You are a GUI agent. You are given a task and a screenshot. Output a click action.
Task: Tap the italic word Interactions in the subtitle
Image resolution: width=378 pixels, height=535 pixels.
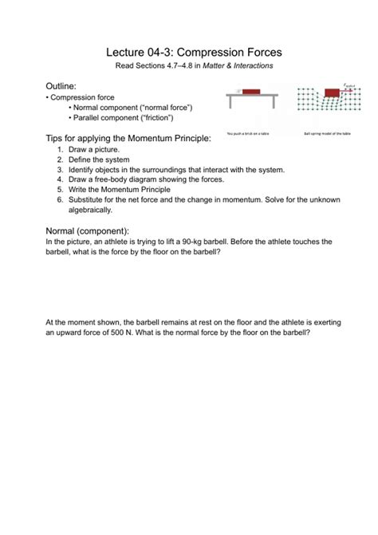pos(249,65)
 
